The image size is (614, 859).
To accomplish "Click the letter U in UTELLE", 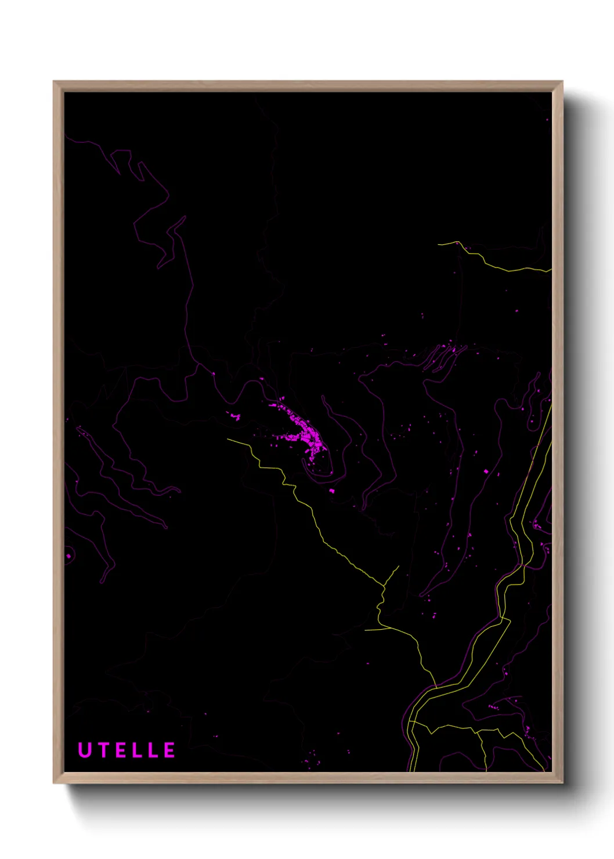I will coord(85,750).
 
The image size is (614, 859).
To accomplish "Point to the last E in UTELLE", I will coord(169,750).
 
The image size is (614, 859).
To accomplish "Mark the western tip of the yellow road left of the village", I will coord(228,439).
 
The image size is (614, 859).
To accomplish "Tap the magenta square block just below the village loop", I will coord(332,491).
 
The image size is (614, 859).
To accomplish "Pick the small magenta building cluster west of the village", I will coord(235,416).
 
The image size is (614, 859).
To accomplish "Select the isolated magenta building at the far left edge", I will coord(68,556).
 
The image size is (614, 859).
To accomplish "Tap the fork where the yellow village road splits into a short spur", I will coord(384,586).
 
